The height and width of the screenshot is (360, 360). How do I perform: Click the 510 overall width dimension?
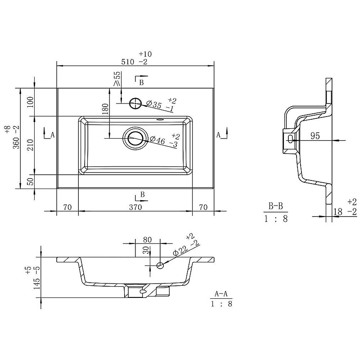tap(128, 62)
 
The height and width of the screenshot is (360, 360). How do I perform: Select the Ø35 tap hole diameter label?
tap(154, 105)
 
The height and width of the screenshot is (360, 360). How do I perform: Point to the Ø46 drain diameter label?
tap(157, 139)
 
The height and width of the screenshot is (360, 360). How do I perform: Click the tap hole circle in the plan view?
tap(135, 103)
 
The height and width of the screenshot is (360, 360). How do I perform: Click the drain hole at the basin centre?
tap(135, 138)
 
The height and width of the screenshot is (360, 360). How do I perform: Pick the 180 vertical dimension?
tap(105, 109)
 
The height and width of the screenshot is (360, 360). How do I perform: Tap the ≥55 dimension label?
tap(117, 78)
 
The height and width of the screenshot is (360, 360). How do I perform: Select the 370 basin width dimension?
tap(135, 207)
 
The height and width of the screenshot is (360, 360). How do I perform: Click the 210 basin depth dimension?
tap(30, 145)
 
